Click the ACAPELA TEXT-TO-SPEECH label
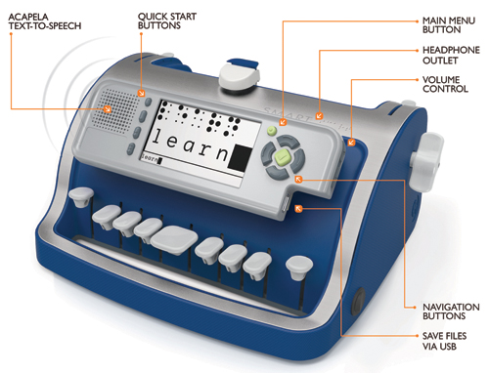[x=45, y=21]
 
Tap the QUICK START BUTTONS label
[x=167, y=21]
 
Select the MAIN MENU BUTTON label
[x=449, y=25]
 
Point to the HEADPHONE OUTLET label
[x=451, y=55]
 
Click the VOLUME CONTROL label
[x=445, y=84]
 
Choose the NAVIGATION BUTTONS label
[x=451, y=311]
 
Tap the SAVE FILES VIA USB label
[x=444, y=341]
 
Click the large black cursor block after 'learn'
[x=240, y=158]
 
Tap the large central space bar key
[x=174, y=240]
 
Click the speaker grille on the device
[x=118, y=110]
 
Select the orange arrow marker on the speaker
[x=108, y=109]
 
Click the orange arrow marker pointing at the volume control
[x=351, y=143]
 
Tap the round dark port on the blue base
[x=359, y=301]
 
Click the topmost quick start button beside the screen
[x=148, y=103]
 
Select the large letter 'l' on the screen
[x=156, y=137]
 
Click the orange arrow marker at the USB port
[x=298, y=209]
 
